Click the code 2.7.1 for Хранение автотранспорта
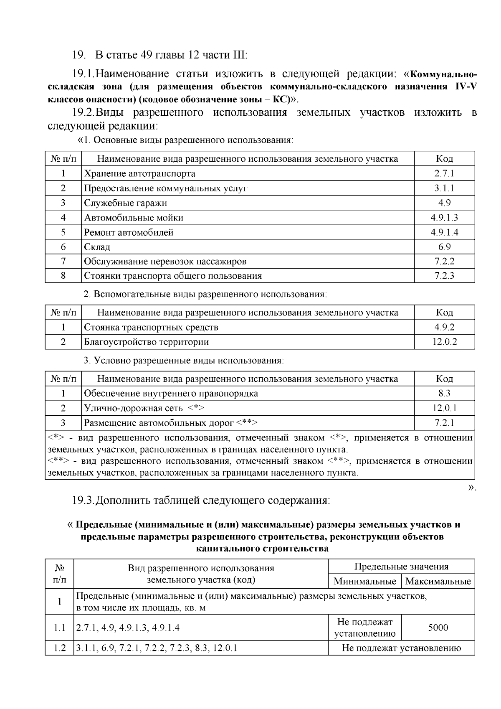pyautogui.click(x=444, y=173)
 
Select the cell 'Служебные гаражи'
pyautogui.click(x=125, y=203)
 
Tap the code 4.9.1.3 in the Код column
pyautogui.click(x=444, y=218)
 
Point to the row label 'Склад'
pyautogui.click(x=97, y=247)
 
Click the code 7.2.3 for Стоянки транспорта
pyautogui.click(x=444, y=276)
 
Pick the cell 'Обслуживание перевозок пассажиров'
pyautogui.click(x=165, y=262)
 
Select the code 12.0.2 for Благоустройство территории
pyautogui.click(x=444, y=342)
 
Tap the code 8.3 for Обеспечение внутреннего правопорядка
pyautogui.click(x=444, y=394)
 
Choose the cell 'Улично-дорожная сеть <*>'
pyautogui.click(x=144, y=408)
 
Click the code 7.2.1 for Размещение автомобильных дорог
pyautogui.click(x=444, y=423)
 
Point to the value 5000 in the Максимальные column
pyautogui.click(x=438, y=628)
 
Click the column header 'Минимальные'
pyautogui.click(x=364, y=581)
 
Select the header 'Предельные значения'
pyautogui.click(x=401, y=567)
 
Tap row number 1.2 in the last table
pyautogui.click(x=60, y=648)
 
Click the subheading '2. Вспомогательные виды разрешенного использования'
pyautogui.click(x=205, y=294)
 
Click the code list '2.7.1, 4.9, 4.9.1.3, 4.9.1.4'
pyautogui.click(x=128, y=628)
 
